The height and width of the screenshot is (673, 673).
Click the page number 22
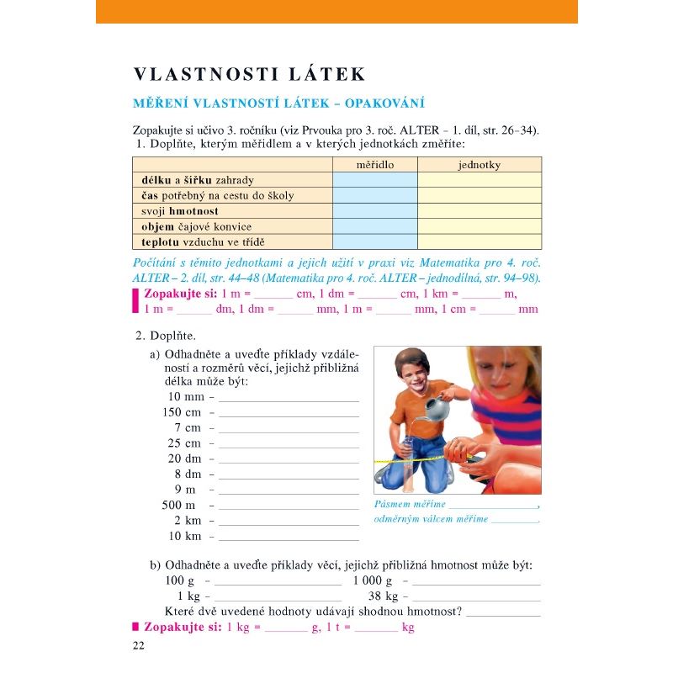[139, 645]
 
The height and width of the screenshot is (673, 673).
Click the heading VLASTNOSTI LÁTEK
[250, 74]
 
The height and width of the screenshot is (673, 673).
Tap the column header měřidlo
[374, 165]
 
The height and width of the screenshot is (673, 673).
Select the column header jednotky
[479, 165]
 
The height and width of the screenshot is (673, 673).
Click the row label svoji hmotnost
[179, 211]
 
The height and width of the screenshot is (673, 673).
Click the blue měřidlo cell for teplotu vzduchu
[374, 241]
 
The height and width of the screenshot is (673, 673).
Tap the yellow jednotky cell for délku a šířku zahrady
[479, 180]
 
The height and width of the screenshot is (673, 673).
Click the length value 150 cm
[182, 412]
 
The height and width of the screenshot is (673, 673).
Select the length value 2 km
[188, 520]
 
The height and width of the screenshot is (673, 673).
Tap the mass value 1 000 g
[372, 580]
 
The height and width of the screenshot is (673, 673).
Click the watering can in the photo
[437, 410]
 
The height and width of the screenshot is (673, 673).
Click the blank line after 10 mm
[289, 400]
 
